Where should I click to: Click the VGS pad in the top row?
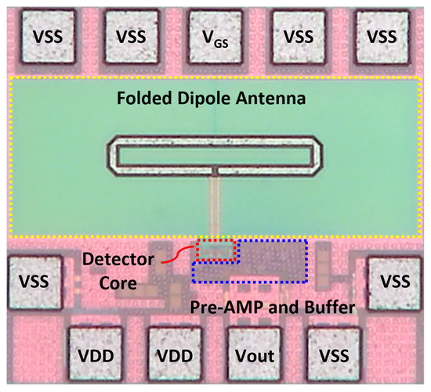[x=216, y=36]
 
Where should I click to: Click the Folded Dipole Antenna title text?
[x=215, y=100]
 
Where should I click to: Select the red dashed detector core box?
[x=217, y=250]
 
